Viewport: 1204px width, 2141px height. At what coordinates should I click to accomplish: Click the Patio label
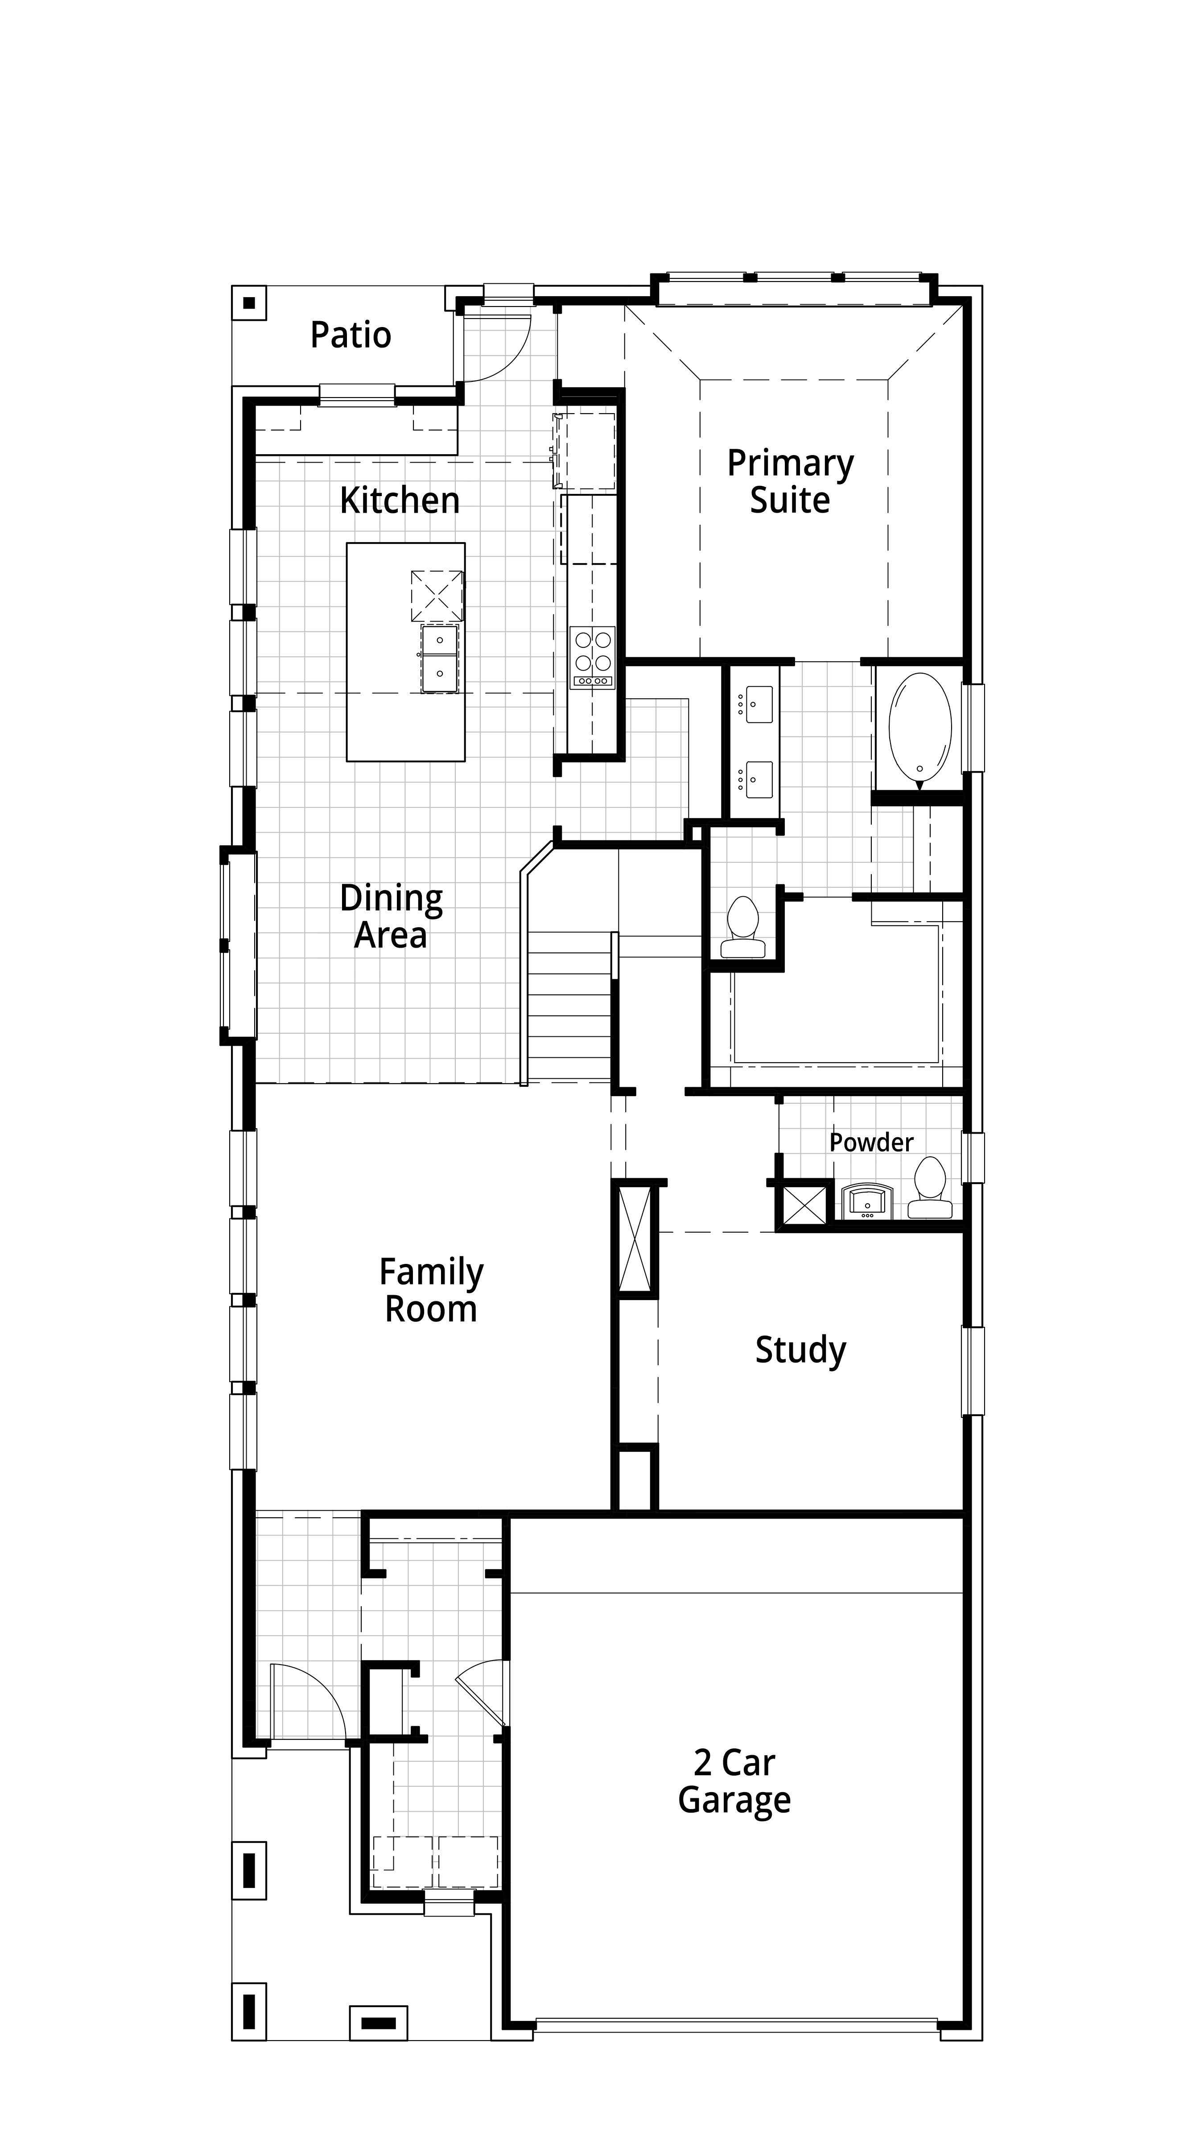350,335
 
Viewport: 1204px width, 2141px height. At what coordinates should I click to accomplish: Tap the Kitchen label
400,501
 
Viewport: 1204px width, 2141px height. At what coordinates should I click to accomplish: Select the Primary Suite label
790,482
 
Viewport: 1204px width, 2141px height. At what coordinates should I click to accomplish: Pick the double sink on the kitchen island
439,658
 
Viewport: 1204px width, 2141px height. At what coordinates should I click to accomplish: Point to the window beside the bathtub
972,727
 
